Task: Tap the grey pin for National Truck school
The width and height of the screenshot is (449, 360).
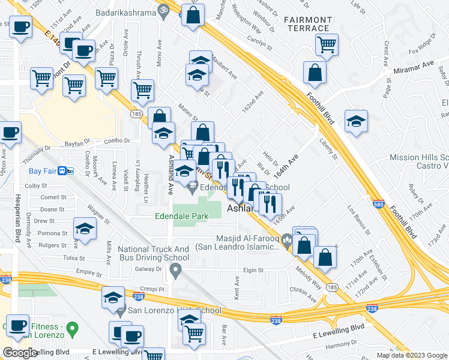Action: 175,272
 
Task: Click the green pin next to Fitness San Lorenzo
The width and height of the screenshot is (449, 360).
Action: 72,329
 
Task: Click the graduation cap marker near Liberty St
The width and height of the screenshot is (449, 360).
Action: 356,120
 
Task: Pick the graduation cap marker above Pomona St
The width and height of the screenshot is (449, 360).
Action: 85,229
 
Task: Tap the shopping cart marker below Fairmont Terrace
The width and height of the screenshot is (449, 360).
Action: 327,43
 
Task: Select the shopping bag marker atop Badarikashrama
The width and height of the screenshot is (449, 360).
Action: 193,16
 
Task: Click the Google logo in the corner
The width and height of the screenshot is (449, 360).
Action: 20,353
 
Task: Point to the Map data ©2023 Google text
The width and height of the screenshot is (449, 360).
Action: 411,355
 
